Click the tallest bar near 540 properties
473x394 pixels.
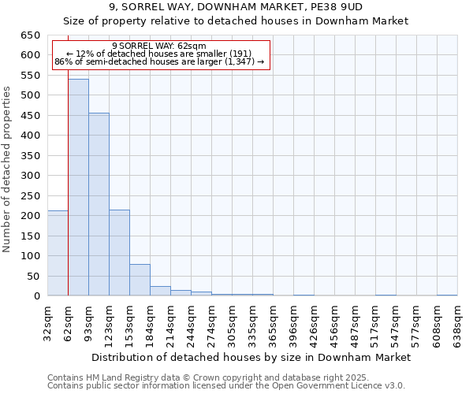tap(78, 188)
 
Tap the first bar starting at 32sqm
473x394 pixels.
tap(58, 253)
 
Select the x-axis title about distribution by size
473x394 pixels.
tap(251, 357)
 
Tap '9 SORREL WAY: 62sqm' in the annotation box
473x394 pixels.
tap(159, 46)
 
